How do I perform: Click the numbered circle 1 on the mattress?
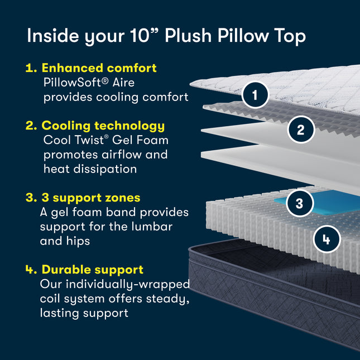point(256,95)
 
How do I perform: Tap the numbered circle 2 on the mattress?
point(301,130)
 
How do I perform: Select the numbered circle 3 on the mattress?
point(300,202)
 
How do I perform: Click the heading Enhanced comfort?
point(99,68)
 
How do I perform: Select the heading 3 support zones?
point(90,198)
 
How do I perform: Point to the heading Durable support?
point(92,270)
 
